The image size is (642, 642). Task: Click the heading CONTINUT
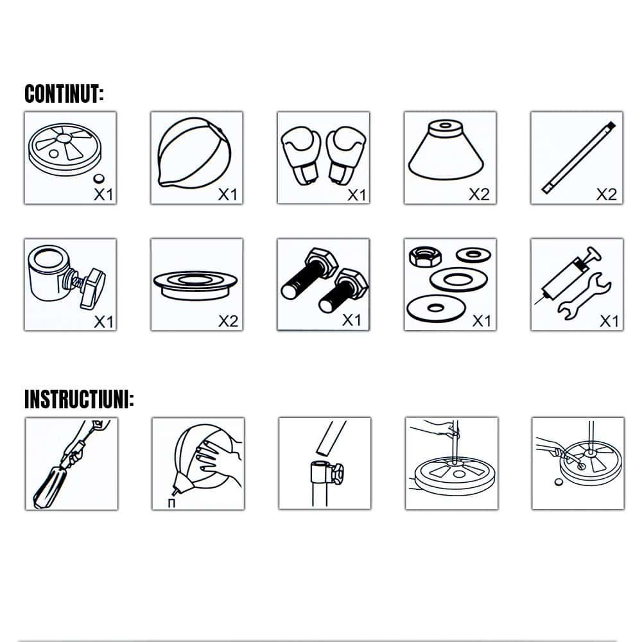coord(64,94)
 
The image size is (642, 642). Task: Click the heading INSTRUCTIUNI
coord(79,399)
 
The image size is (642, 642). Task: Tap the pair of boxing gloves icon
coord(323,155)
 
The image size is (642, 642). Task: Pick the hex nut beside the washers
coord(425,256)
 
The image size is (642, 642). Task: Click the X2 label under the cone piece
coord(479,194)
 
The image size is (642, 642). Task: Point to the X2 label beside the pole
coord(607,194)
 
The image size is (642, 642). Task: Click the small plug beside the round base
coord(98,178)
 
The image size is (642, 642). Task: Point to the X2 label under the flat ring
coord(228,320)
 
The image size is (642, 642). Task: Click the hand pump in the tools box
coord(567,275)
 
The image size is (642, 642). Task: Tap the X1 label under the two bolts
coord(352,320)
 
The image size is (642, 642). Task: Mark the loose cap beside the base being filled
coord(559,482)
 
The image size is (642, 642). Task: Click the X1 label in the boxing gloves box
coord(356,195)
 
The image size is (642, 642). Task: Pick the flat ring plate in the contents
coord(195,284)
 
